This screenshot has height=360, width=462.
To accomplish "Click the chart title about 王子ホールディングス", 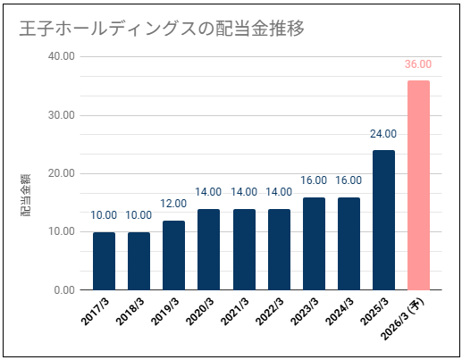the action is [x=162, y=29].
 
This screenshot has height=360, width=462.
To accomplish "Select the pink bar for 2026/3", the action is [x=418, y=185].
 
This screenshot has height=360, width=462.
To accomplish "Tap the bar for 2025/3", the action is [x=383, y=220].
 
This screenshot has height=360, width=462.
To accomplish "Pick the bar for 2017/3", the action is [x=104, y=261].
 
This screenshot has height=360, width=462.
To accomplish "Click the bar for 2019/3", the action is [x=173, y=255].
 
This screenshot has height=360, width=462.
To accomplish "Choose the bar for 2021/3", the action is [x=244, y=249].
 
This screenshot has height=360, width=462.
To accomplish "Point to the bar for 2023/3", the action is [x=314, y=244].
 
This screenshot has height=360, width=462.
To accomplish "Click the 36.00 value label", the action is [x=418, y=64].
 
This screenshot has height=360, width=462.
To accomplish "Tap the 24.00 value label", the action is [x=383, y=134].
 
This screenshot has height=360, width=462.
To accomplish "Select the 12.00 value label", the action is [x=173, y=204].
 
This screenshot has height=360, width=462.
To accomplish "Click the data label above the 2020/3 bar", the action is [x=208, y=192].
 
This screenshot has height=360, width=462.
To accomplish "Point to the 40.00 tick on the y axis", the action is [x=62, y=56].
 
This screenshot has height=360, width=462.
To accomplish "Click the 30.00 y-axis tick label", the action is [x=62, y=115].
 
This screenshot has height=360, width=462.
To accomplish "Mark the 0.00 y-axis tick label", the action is [x=64, y=290].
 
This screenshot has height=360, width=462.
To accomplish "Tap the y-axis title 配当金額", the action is [x=26, y=195].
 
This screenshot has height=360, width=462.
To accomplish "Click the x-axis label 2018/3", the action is [x=130, y=312].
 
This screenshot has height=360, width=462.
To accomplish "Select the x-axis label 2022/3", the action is [x=270, y=312].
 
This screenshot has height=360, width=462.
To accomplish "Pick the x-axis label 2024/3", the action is [x=340, y=312].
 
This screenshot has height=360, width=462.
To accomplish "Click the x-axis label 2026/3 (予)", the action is [x=404, y=319].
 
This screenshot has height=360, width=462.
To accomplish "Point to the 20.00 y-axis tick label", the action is [x=62, y=173].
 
